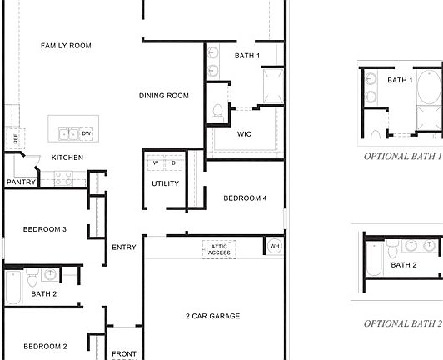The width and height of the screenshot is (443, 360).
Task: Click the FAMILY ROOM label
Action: coord(66,46)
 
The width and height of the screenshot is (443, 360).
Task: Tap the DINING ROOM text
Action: coord(164,96)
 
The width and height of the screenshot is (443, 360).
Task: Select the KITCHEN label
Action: coord(67,157)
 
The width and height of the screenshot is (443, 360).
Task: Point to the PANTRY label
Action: coord(20,182)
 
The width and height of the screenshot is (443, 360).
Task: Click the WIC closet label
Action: coord(244,133)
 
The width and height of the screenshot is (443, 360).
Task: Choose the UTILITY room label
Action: coord(165,183)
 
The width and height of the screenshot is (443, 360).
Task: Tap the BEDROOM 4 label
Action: coord(245,198)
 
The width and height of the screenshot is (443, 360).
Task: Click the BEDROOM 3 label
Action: coord(45,229)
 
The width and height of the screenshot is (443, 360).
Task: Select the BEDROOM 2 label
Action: coord(45,346)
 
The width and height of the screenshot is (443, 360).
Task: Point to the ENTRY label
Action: coord(124,247)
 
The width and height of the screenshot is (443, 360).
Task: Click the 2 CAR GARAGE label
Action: coord(212,316)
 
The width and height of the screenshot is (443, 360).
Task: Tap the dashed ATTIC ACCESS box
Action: coord(219,249)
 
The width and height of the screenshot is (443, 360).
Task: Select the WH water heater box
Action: coord(274,247)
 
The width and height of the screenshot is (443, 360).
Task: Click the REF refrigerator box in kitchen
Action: coord(13,138)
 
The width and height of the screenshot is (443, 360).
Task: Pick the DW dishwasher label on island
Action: coord(86,133)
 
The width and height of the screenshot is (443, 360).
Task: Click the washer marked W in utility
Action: coord(156,162)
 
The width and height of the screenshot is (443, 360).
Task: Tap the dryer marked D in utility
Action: coord(173,162)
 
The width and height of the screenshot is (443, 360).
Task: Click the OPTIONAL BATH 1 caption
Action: coord(403,156)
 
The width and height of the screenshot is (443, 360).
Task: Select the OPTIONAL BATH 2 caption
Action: coord(403,323)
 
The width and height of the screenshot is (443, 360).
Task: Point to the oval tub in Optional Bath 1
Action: coord(428,86)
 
